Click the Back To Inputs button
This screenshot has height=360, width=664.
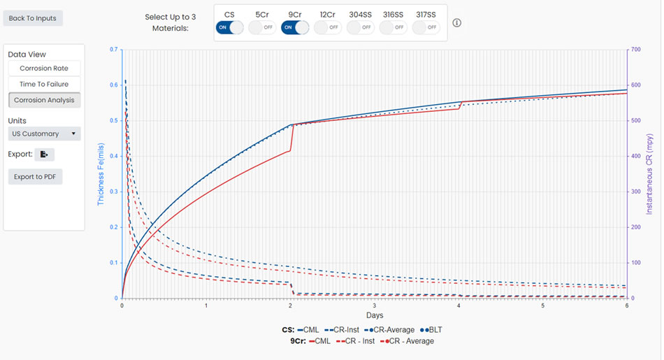point(33,17)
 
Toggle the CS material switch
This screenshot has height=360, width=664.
point(229,27)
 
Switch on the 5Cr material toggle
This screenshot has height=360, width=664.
point(261,27)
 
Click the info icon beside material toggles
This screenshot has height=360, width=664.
point(457,23)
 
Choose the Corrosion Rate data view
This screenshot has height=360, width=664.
point(44,69)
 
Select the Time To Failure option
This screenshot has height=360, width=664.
point(44,84)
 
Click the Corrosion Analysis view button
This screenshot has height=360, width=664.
point(44,100)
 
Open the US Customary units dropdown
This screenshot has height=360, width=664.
point(44,134)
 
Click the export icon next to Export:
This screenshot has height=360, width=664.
point(44,154)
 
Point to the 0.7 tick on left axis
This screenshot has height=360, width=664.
point(113,50)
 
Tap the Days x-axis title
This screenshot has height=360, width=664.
point(375,316)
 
